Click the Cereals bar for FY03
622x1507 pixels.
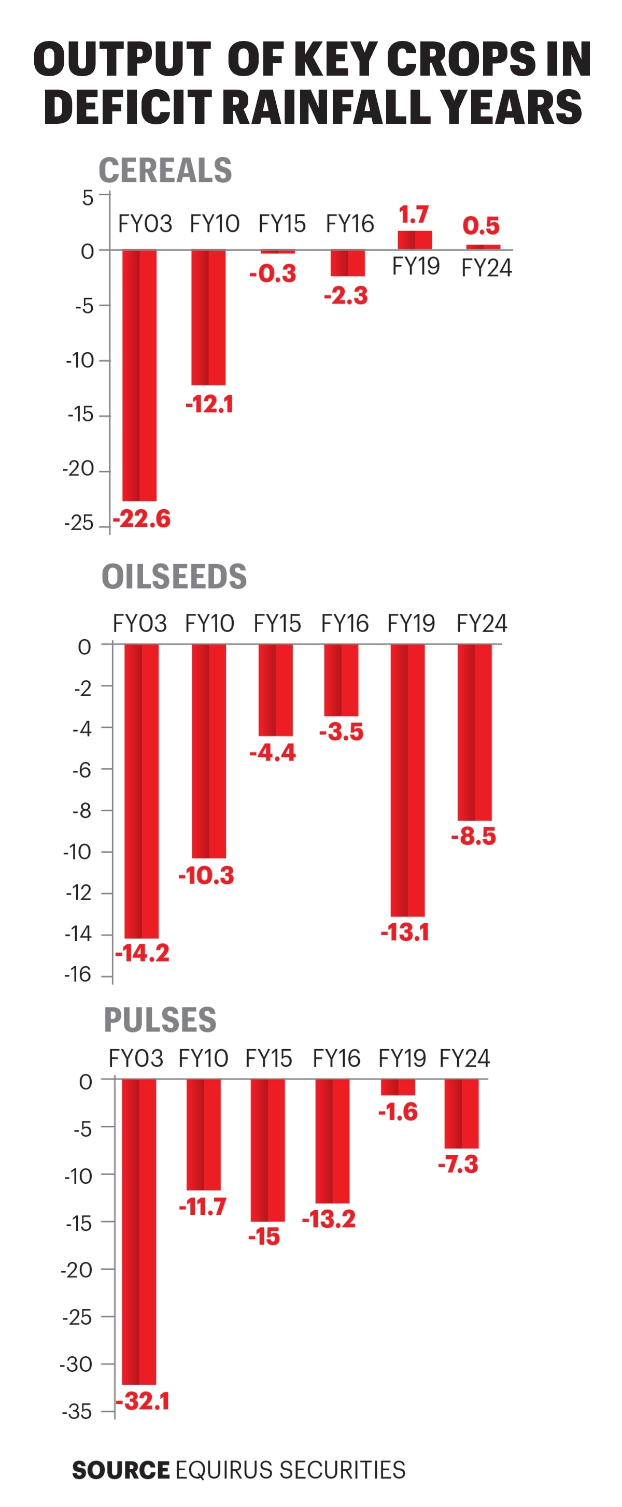(139, 375)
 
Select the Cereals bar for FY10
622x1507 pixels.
(208, 317)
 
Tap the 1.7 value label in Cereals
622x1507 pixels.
(414, 214)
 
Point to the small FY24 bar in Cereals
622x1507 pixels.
(483, 247)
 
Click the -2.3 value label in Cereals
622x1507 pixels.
(346, 295)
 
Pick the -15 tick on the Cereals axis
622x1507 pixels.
(80, 415)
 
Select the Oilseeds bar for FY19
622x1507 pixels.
(408, 780)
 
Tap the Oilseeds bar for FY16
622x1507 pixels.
(341, 680)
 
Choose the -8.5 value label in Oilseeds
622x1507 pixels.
(473, 836)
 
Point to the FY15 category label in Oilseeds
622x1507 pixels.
(277, 624)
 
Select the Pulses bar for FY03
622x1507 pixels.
(139, 1231)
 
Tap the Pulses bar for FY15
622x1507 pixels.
(268, 1150)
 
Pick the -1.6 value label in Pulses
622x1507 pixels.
(398, 1112)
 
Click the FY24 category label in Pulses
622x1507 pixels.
(464, 1058)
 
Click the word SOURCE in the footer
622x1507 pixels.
(121, 1470)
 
